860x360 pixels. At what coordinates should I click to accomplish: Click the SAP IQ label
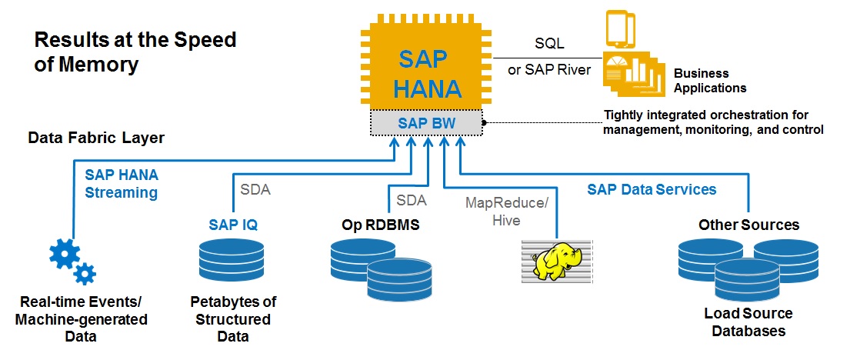click(x=233, y=225)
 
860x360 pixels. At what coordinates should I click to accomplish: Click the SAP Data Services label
click(x=652, y=189)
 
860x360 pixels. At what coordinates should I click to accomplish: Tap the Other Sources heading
click(x=748, y=225)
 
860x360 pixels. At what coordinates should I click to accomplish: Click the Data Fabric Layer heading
click(x=96, y=138)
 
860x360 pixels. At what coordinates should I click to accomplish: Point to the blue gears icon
click(x=72, y=261)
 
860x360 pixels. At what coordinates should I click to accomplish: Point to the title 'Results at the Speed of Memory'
click(x=135, y=52)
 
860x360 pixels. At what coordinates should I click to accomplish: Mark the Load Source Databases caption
click(x=748, y=322)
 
